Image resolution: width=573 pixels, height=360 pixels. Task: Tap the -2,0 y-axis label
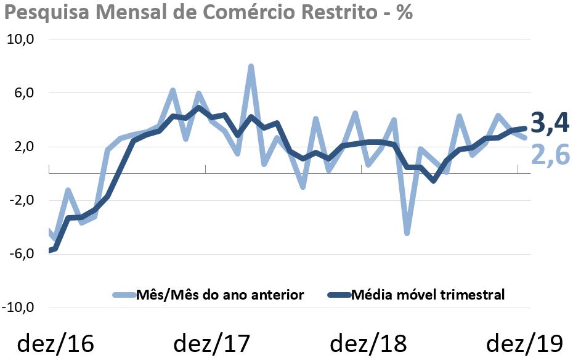20,200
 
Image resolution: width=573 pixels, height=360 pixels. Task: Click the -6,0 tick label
20,254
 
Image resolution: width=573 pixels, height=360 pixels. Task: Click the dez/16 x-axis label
55,343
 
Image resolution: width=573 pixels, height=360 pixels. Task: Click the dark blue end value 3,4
549,124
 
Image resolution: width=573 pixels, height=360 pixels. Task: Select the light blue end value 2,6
549,155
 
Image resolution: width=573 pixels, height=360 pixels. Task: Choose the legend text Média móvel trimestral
428,295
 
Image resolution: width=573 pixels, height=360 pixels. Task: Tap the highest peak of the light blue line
251,67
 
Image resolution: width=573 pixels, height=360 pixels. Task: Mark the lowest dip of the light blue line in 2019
407,233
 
